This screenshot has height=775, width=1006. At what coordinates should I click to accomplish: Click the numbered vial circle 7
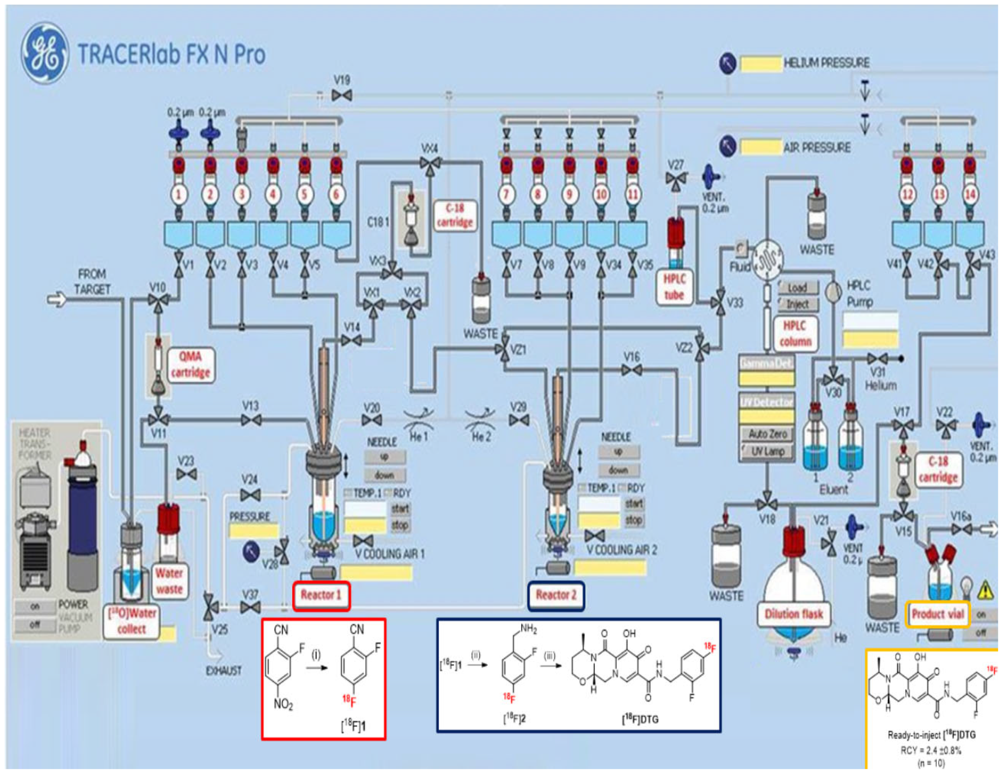point(506,194)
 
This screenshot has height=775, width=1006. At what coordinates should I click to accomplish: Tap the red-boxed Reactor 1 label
point(321,595)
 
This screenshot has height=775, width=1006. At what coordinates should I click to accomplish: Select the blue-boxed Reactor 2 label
point(555,595)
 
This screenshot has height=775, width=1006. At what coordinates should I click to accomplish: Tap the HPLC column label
point(795,334)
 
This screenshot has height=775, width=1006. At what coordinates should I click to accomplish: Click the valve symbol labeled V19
point(342,95)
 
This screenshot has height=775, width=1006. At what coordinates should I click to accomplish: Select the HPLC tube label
point(674,286)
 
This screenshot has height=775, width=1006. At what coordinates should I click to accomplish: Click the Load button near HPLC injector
point(797,288)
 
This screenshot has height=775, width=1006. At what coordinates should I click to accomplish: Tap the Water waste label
point(169,581)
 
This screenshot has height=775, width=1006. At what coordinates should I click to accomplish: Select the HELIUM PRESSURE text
point(826,63)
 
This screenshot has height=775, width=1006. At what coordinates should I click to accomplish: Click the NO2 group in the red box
point(283,704)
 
